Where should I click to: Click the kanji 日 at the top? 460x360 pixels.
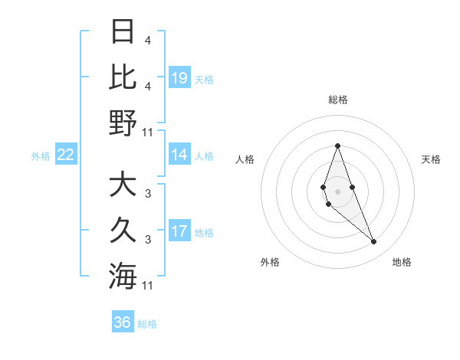pyautogui.click(x=122, y=32)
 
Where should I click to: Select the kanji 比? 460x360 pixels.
pyautogui.click(x=122, y=77)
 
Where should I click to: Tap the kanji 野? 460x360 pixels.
pyautogui.click(x=122, y=122)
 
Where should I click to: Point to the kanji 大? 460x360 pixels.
pyautogui.click(x=122, y=185)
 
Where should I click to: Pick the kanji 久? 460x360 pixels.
pyautogui.click(x=122, y=231)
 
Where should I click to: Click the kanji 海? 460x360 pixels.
pyautogui.click(x=122, y=276)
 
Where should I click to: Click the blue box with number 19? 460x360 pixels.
pyautogui.click(x=179, y=77)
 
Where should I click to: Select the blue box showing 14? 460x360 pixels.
pyautogui.click(x=179, y=155)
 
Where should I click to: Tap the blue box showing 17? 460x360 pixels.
pyautogui.click(x=179, y=231)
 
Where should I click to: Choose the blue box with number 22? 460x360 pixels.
pyautogui.click(x=66, y=155)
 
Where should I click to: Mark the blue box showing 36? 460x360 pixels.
pyautogui.click(x=123, y=322)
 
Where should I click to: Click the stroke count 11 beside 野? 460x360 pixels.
pyautogui.click(x=148, y=132)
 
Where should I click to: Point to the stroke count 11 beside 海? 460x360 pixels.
pyautogui.click(x=148, y=286)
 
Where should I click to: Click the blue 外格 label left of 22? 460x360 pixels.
pyautogui.click(x=41, y=156)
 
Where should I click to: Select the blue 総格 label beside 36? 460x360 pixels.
pyautogui.click(x=147, y=324)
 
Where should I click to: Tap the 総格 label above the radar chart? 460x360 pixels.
pyautogui.click(x=337, y=100)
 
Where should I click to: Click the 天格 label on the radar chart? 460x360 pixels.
pyautogui.click(x=432, y=159)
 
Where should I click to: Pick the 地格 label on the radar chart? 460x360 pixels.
pyautogui.click(x=402, y=262)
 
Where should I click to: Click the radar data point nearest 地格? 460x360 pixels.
pyautogui.click(x=374, y=242)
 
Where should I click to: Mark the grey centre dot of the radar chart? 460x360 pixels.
pyautogui.click(x=337, y=191)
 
